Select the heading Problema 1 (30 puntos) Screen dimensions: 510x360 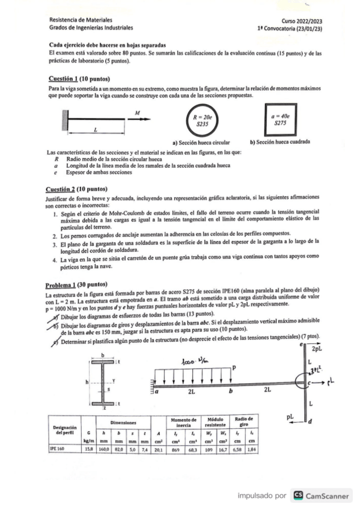point(76,284)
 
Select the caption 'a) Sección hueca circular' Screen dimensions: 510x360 point(201,143)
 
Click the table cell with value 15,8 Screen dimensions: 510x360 point(88,448)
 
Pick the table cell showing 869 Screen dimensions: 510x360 point(175,448)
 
